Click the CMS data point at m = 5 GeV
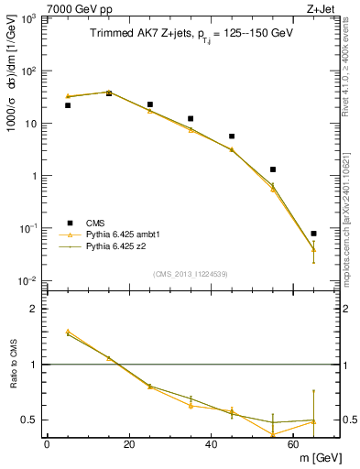coord(68,105)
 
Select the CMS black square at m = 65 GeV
coord(313,234)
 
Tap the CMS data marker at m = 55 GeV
coord(273,169)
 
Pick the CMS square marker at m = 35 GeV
coord(191,119)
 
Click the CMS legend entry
coord(94,223)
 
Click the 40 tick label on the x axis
coord(211,444)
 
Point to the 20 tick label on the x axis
coord(128,444)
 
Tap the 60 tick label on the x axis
coord(293,444)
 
